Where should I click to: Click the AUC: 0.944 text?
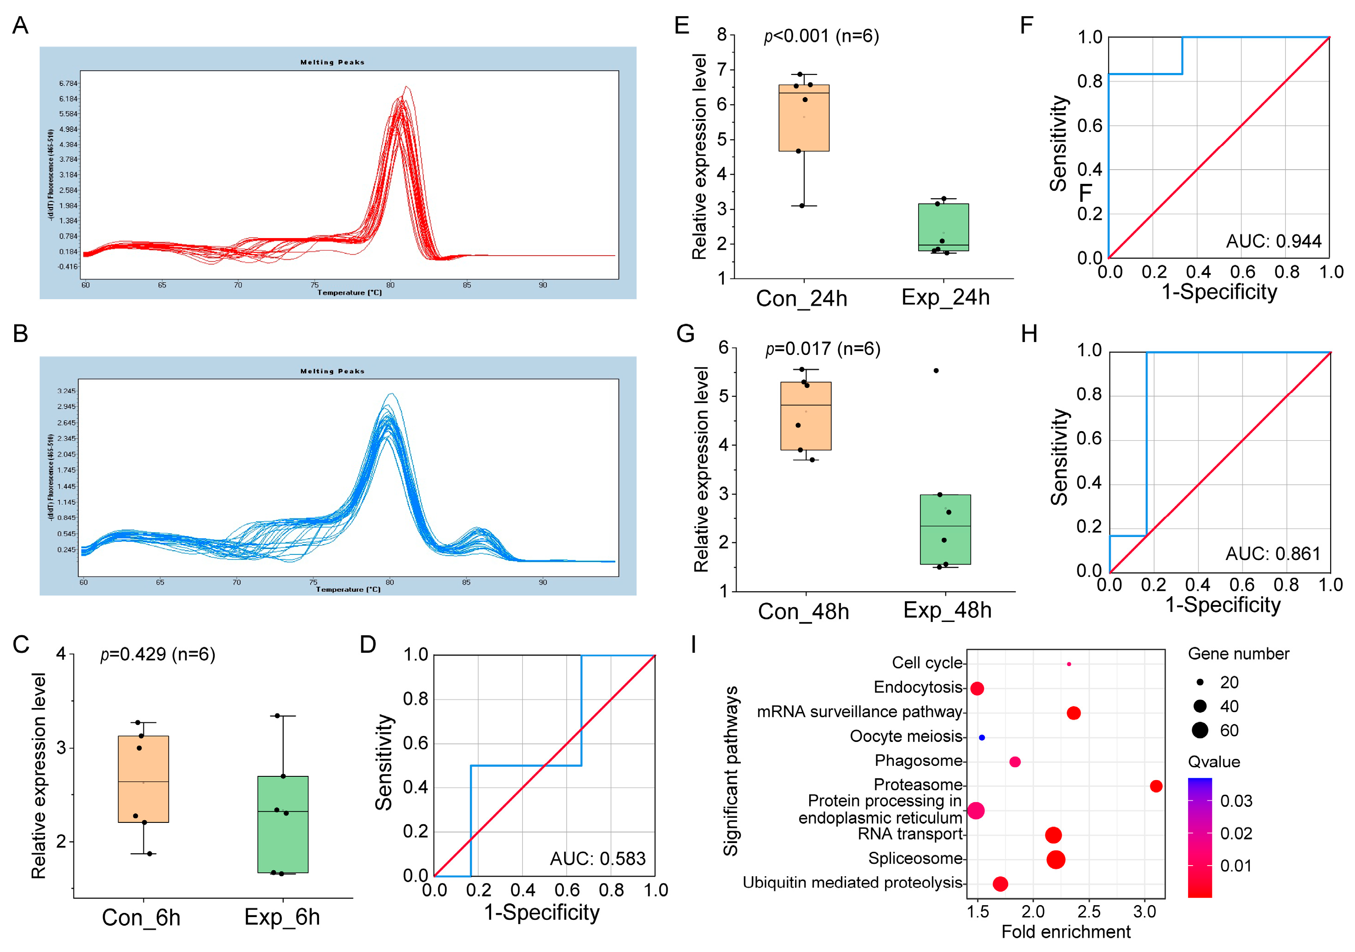tap(1273, 241)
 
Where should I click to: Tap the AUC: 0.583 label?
tap(597, 858)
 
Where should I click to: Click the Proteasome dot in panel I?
tap(1155, 786)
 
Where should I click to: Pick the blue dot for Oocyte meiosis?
tap(982, 737)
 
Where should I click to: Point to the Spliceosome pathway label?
tap(915, 858)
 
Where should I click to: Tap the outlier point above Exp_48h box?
tap(936, 371)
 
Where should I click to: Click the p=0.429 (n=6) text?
tap(158, 654)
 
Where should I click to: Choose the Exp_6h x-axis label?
tap(282, 917)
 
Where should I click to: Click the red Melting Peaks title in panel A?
tap(332, 62)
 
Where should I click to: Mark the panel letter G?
tap(685, 334)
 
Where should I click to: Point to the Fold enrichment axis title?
tap(1066, 932)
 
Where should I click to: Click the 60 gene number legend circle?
tap(1200, 730)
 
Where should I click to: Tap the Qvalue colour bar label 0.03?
tap(1236, 801)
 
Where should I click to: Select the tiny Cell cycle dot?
tap(1069, 664)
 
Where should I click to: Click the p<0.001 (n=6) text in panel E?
tap(821, 36)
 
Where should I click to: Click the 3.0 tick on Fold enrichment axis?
tap(1144, 912)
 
